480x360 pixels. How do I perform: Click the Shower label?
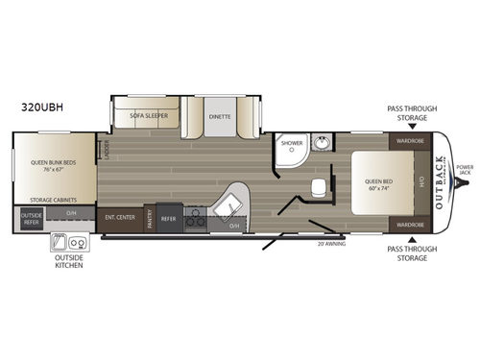(x=291, y=143)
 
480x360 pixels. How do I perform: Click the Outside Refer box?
(x=31, y=218)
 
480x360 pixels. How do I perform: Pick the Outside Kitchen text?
(x=68, y=261)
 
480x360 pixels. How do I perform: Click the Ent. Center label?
(x=119, y=217)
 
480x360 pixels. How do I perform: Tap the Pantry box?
(x=150, y=220)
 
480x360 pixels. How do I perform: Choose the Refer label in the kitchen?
(x=168, y=218)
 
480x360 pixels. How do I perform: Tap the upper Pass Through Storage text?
(x=410, y=113)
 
